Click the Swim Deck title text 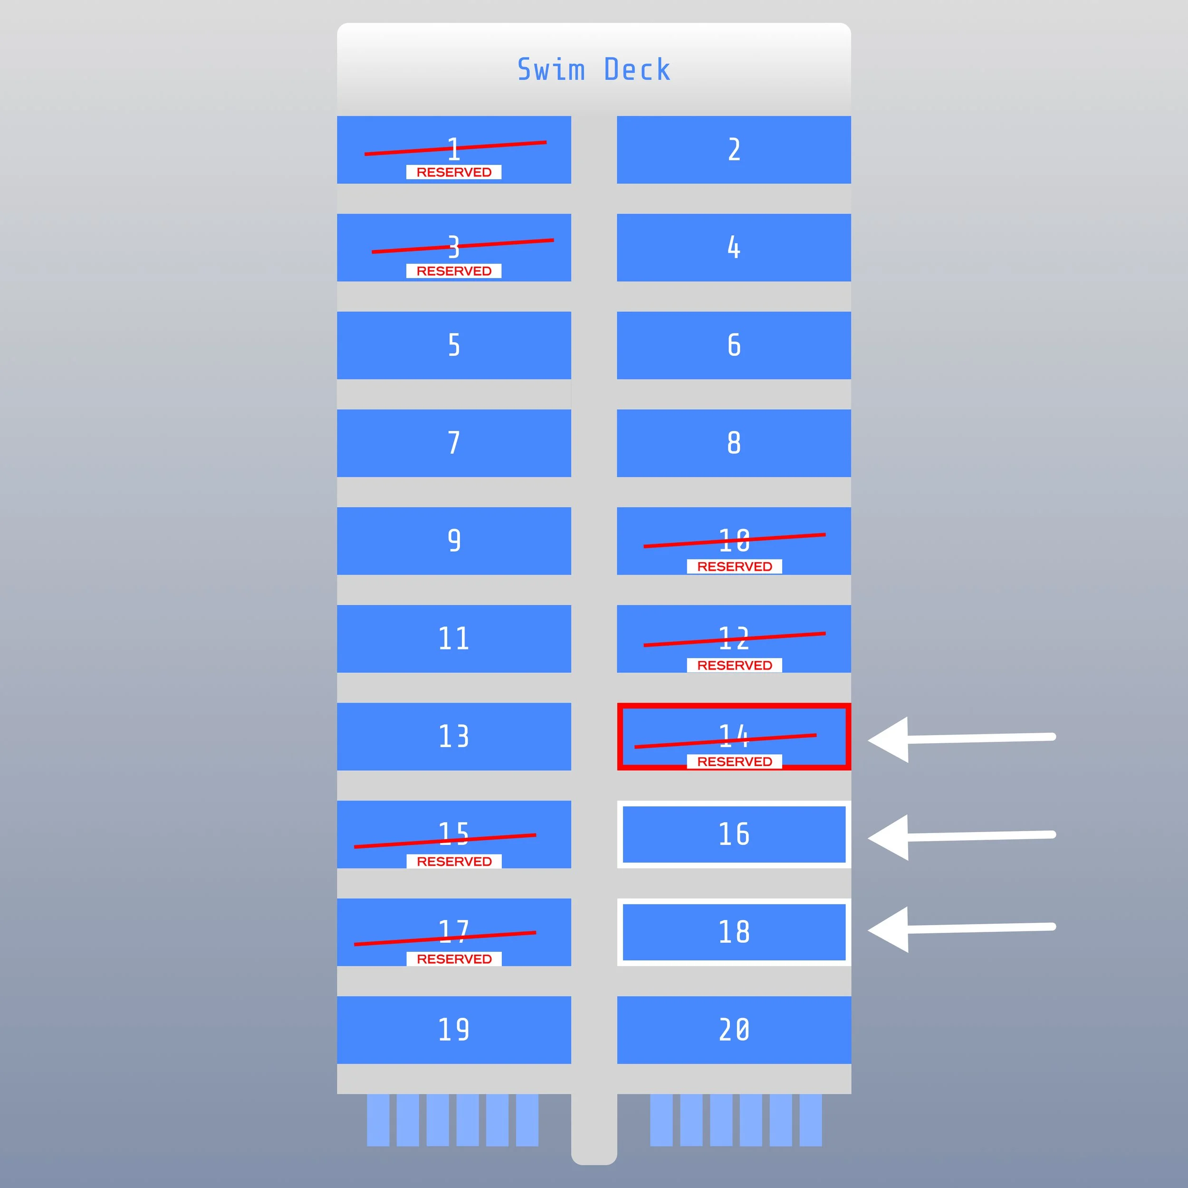tap(594, 69)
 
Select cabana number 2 tap(734, 149)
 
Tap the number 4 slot tap(734, 247)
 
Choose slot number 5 tap(454, 345)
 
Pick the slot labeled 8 tap(734, 443)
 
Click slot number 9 tap(454, 540)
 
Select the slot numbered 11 tap(454, 638)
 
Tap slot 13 tap(454, 736)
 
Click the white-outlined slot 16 tap(734, 834)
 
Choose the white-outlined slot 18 tap(734, 931)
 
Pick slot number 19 tap(454, 1029)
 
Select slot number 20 tap(734, 1029)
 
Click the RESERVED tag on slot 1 tap(454, 172)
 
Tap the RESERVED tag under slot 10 tap(734, 566)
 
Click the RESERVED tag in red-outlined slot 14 tap(734, 761)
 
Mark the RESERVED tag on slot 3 tap(454, 271)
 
